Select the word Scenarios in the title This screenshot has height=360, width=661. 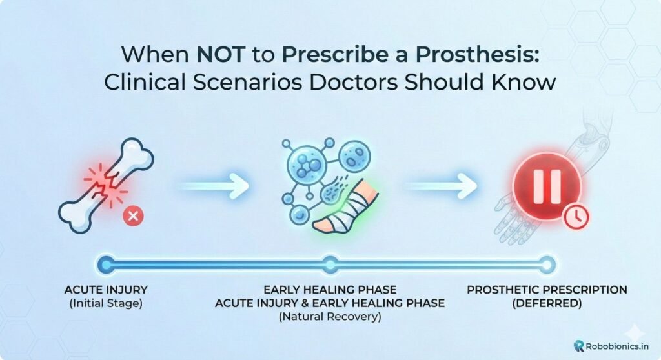pyautogui.click(x=269, y=85)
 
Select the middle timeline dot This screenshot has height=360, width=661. pyautogui.click(x=330, y=263)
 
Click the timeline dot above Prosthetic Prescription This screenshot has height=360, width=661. pyautogui.click(x=547, y=263)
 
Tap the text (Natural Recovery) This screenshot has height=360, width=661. pyautogui.click(x=330, y=317)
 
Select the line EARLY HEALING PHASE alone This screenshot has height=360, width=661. pyautogui.click(x=330, y=290)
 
